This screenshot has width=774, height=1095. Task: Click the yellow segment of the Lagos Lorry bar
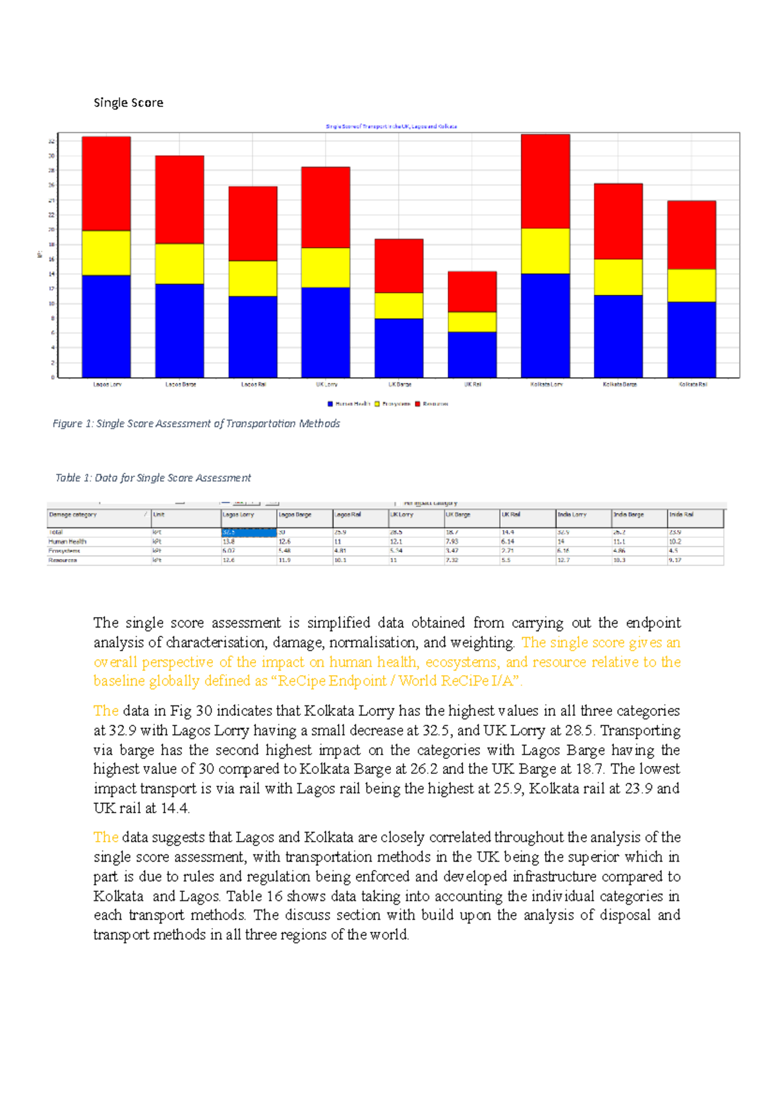[106, 253]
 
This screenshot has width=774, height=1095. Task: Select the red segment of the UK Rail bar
[472, 291]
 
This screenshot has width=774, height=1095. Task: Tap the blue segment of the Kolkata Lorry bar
[545, 326]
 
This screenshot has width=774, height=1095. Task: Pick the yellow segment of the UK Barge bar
[399, 306]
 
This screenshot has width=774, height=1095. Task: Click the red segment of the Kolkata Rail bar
[691, 235]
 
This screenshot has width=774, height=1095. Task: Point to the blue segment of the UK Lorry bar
[326, 332]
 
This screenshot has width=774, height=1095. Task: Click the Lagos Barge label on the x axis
[181, 384]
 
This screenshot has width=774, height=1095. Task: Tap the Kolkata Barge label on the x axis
[620, 384]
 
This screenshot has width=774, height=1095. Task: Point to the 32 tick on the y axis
[52, 141]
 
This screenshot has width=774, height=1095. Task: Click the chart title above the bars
[391, 126]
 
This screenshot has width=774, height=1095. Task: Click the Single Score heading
[128, 103]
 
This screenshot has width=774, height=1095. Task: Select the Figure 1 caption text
[196, 424]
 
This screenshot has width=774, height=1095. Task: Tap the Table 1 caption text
[153, 478]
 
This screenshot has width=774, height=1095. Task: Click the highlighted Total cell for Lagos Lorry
[248, 533]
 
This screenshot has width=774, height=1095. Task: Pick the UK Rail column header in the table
[511, 515]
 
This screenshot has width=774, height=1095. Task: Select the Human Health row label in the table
[67, 542]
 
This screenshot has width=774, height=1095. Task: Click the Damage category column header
[73, 515]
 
